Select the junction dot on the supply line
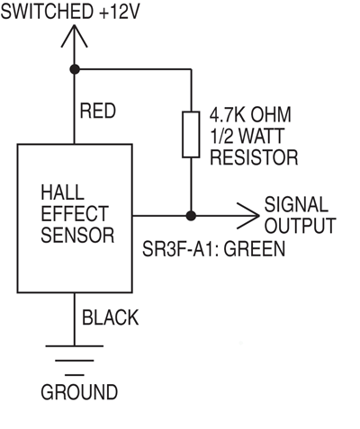[74, 68]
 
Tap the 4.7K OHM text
[251, 115]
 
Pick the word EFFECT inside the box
[75, 215]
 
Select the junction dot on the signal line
[191, 216]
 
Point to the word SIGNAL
[296, 205]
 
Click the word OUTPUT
[299, 226]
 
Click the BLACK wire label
[110, 317]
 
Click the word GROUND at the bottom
[78, 393]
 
